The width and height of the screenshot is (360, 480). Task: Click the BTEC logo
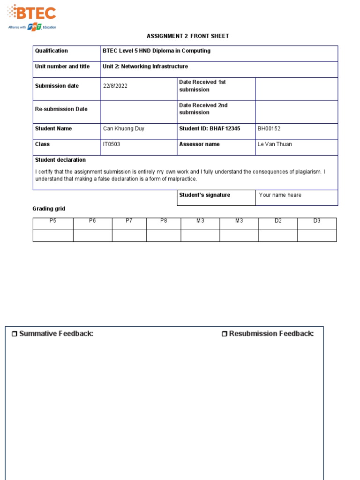[32, 16]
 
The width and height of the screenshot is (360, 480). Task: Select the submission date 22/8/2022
[115, 86]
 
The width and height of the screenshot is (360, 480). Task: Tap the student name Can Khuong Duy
[123, 128]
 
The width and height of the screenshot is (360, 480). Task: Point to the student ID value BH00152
[269, 128]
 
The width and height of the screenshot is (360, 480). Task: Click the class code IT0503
[112, 144]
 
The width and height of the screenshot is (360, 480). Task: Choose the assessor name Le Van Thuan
[275, 144]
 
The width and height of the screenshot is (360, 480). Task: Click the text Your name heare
[280, 195]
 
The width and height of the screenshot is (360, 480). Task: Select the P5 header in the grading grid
[53, 221]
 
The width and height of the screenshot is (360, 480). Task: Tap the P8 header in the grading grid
[164, 221]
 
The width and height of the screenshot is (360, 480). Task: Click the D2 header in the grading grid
[278, 221]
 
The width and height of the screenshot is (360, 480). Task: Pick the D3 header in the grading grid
[317, 221]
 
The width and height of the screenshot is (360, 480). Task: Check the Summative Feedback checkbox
[14, 334]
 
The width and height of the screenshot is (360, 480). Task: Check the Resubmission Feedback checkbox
[225, 334]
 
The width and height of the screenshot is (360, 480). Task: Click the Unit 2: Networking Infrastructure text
[145, 67]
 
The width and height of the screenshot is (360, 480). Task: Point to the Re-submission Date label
[61, 109]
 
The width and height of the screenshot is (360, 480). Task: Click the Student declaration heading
[60, 160]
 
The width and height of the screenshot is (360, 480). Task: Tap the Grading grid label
[49, 209]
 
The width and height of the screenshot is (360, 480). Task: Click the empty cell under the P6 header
[92, 235]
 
